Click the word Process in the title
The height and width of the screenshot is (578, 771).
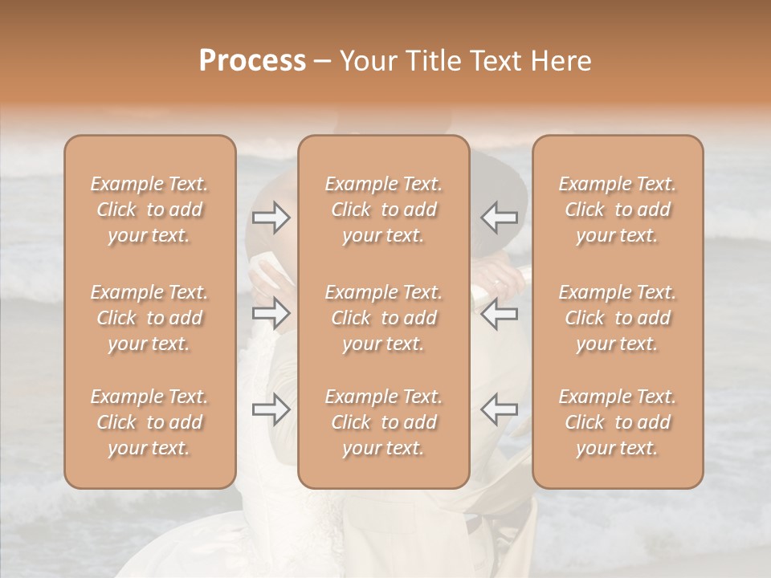coord(252,61)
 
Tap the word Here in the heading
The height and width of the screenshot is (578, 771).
coord(561,61)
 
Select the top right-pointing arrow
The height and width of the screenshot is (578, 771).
coord(271,217)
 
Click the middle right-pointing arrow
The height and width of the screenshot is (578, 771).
coord(271,313)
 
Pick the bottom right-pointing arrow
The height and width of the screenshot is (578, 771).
coord(271,409)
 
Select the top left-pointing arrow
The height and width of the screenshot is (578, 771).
coord(499,217)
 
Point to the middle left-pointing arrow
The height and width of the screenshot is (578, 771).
coord(499,313)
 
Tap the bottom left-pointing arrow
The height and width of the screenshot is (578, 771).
coord(499,409)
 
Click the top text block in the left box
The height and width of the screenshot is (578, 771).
coord(149,210)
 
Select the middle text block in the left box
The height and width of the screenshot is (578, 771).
coord(149,318)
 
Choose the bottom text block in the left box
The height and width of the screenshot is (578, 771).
coord(149,422)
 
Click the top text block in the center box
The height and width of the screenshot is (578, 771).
coord(383,210)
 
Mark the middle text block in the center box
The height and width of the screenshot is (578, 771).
coord(383,318)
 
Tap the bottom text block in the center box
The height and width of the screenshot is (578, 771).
coord(383,422)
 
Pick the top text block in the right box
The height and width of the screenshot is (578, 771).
coord(618,210)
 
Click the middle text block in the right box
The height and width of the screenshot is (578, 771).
coord(618,318)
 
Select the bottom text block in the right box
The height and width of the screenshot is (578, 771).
coord(618,422)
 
